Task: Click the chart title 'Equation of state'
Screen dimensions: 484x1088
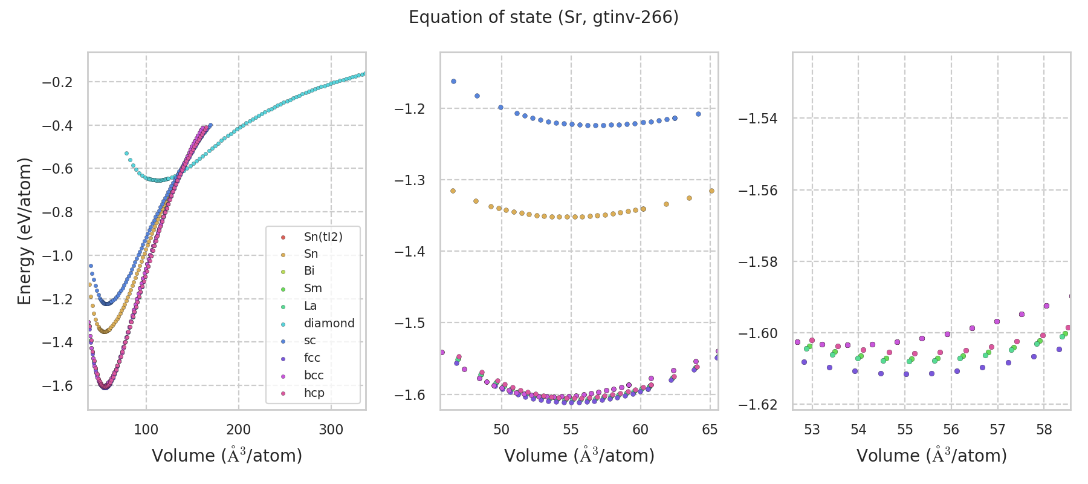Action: [543, 18]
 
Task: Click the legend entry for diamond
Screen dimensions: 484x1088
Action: [329, 323]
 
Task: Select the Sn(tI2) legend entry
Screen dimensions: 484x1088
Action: [323, 237]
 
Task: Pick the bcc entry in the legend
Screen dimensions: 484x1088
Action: [314, 375]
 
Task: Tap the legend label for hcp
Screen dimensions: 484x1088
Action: [314, 393]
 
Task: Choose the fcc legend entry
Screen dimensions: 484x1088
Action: [312, 358]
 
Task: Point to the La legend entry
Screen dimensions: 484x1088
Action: [310, 306]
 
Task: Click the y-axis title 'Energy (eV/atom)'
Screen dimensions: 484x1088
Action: [24, 231]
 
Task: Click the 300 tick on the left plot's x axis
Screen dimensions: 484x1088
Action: [331, 430]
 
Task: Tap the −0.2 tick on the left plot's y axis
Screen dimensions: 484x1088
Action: [57, 82]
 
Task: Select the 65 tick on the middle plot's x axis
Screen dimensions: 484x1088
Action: [710, 430]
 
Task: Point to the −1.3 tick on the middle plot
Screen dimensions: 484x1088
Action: [409, 180]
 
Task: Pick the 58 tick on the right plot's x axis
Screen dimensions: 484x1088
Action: [1044, 430]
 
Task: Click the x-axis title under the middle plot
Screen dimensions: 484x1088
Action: [579, 456]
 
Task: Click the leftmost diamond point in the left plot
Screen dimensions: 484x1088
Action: [126, 154]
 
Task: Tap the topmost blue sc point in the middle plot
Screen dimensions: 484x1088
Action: [453, 81]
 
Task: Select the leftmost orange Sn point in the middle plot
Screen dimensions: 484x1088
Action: [453, 191]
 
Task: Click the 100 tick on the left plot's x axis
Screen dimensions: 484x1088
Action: [146, 430]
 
